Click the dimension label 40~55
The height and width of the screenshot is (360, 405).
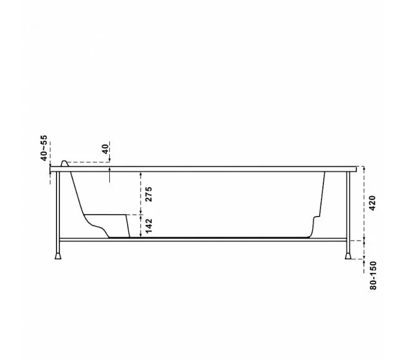44,148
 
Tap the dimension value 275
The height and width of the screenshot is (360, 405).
149,194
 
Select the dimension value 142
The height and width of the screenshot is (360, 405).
149,226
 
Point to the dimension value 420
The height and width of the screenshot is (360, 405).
373,203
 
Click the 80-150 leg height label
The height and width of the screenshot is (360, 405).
373,275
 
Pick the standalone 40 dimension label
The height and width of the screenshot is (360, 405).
106,149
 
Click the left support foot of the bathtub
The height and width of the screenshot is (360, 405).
58,256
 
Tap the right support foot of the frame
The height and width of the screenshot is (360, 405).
348,256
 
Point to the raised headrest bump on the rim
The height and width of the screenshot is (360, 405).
64,163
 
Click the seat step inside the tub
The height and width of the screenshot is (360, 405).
106,215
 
